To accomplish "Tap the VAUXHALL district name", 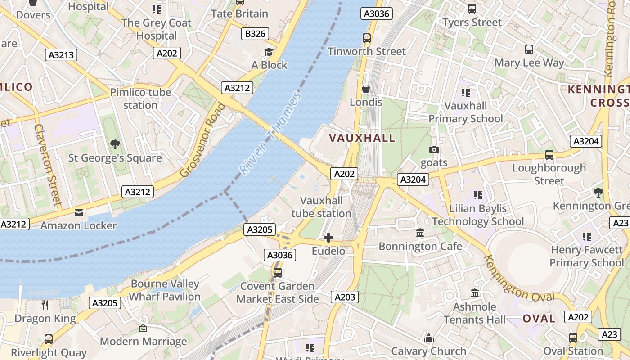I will click(362, 138).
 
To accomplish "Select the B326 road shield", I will click(255, 34).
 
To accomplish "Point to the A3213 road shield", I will click(62, 55).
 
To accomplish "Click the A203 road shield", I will click(345, 297).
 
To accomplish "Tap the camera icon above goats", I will click(434, 149).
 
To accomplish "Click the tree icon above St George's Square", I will click(115, 144).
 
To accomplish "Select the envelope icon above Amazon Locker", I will click(79, 213).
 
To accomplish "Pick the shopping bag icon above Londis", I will click(366, 89).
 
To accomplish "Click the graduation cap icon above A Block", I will click(269, 52).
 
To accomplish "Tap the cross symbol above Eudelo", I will click(328, 238).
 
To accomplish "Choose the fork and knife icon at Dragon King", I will click(45, 305).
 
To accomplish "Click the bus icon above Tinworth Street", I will click(367, 38).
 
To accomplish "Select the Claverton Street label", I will click(47, 165).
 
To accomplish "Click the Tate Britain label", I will click(240, 13).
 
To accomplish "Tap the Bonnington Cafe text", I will click(420, 246).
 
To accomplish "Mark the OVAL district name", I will click(539, 319).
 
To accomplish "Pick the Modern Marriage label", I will click(143, 342).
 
